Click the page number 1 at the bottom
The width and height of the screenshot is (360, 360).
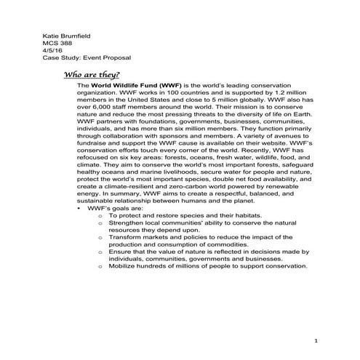(316, 340)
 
